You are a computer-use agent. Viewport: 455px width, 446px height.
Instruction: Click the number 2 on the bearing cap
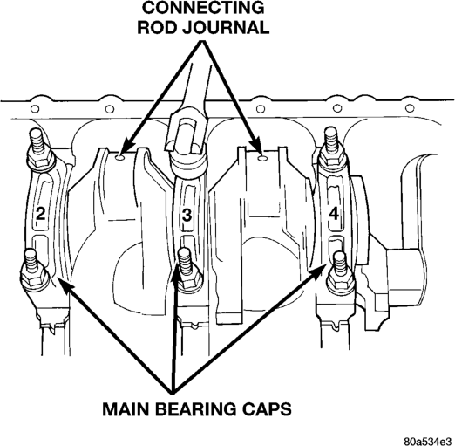tap(40, 215)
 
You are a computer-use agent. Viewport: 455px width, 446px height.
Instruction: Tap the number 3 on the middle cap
tap(187, 216)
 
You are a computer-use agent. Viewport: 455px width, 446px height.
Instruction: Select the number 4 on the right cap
tap(334, 215)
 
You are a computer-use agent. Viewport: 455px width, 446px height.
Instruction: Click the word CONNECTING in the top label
tap(203, 8)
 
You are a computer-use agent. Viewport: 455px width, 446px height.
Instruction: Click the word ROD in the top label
tap(156, 28)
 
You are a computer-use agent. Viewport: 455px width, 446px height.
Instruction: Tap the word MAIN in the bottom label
tap(126, 409)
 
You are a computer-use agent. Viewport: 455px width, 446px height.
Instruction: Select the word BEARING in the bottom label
tap(196, 409)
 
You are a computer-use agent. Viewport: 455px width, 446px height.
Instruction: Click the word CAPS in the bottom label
tap(267, 409)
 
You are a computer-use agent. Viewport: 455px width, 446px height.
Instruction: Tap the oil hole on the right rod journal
tap(262, 158)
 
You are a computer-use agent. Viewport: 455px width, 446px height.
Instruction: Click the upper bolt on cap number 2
tap(40, 149)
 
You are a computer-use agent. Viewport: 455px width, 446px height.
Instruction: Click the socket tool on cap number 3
tap(187, 140)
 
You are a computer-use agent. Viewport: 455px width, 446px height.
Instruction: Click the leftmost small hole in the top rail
tap(35, 109)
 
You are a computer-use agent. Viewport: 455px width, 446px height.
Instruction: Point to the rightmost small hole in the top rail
tap(410, 108)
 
